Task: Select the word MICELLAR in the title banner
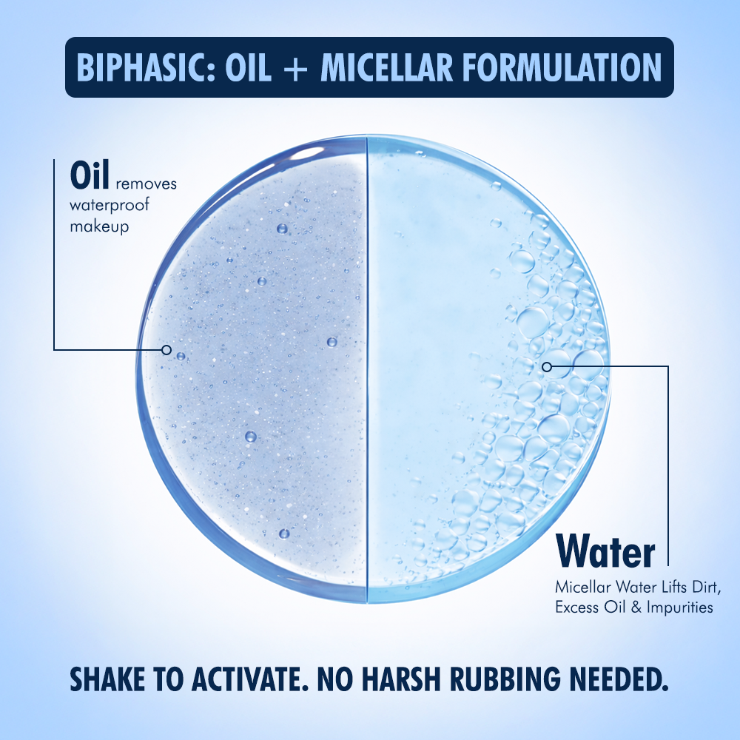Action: click(x=391, y=68)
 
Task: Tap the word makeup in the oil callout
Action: click(x=99, y=226)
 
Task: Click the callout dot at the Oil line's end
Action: click(x=166, y=349)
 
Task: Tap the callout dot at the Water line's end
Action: click(x=546, y=366)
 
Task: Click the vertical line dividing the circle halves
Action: click(x=368, y=370)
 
